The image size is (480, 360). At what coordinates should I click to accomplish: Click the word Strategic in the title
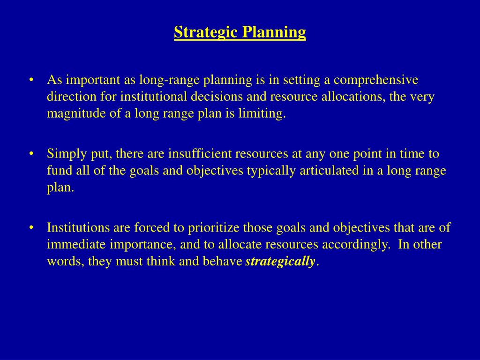point(206,32)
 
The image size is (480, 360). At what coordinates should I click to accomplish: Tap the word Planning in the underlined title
point(274,32)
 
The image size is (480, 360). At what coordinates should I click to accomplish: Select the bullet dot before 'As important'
point(31,80)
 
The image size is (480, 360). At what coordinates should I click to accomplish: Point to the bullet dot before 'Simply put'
point(31,154)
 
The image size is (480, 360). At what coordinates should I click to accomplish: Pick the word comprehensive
point(376,80)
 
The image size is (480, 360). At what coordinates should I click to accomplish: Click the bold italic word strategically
point(280,262)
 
